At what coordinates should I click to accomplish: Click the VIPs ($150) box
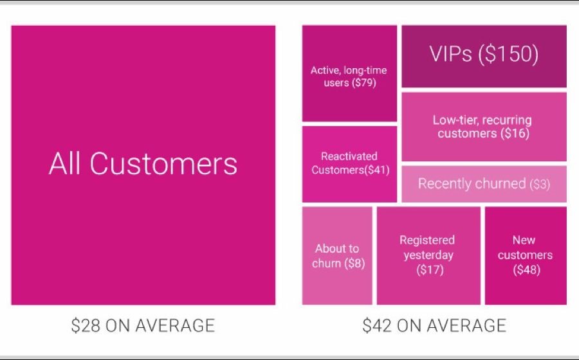484,57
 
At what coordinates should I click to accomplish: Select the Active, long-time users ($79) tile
349,73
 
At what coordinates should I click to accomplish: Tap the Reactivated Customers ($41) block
349,164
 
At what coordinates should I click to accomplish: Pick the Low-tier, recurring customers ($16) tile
484,127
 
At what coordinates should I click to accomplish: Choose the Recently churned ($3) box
484,184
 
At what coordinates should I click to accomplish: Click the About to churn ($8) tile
337,256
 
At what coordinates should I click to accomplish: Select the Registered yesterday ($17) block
428,256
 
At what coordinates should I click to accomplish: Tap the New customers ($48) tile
526,256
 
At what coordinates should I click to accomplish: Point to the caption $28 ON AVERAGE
143,326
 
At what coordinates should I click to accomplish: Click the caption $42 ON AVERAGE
434,326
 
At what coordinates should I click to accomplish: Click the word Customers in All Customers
163,163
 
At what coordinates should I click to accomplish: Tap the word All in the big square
64,163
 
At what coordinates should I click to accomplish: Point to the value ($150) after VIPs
508,54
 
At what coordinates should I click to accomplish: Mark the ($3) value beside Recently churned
540,184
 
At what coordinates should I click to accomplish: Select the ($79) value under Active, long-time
364,83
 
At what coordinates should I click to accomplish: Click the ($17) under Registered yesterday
430,270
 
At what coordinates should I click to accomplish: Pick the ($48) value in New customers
526,270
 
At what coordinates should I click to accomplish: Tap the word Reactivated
349,156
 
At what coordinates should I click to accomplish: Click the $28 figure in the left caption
86,326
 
